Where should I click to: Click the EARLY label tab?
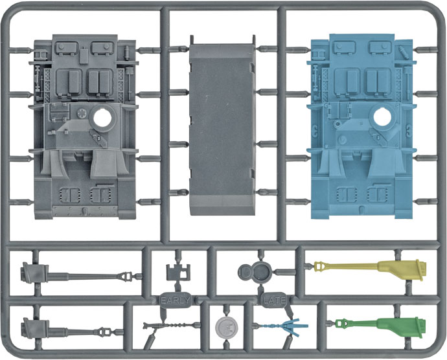pos(175,300)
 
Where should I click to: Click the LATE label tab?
pos(274,300)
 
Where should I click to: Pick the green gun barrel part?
pos(380,325)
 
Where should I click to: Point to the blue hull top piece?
pos(360,126)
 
